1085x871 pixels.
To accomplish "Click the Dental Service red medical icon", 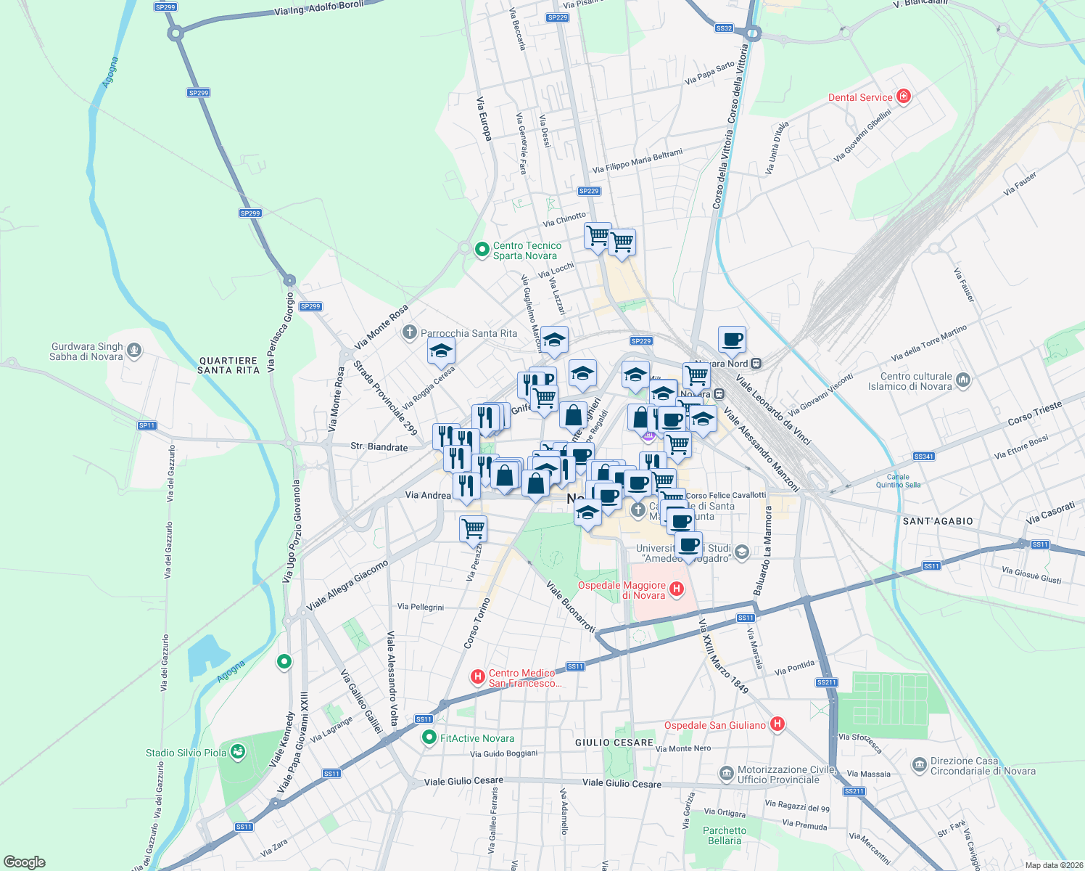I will pyautogui.click(x=903, y=97).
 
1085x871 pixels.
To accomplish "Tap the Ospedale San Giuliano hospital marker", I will pyautogui.click(x=777, y=724).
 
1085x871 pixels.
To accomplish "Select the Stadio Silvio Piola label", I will pyautogui.click(x=186, y=753).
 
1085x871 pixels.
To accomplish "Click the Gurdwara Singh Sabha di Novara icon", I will pyautogui.click(x=133, y=351).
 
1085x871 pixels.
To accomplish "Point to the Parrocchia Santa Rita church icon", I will pyautogui.click(x=409, y=333).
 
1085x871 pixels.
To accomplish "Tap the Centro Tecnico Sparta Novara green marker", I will pyautogui.click(x=482, y=250).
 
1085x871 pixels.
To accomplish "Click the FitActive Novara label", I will pyautogui.click(x=477, y=738).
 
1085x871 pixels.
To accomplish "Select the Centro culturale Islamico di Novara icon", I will pyautogui.click(x=962, y=380).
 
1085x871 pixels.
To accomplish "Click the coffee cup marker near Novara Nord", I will pyautogui.click(x=732, y=339).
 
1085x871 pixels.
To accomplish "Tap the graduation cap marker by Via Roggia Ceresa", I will pyautogui.click(x=441, y=352).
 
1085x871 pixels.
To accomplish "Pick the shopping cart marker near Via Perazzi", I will pyautogui.click(x=473, y=528).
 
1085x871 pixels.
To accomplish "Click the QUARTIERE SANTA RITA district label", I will pyautogui.click(x=228, y=365).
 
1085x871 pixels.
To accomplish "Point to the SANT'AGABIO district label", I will pyautogui.click(x=938, y=521).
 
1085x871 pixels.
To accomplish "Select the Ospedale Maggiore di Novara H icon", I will pyautogui.click(x=676, y=589).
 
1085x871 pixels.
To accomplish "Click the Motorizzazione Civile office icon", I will pyautogui.click(x=726, y=774).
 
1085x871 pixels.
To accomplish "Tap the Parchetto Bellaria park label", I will pyautogui.click(x=724, y=835).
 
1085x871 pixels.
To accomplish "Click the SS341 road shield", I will pyautogui.click(x=923, y=457).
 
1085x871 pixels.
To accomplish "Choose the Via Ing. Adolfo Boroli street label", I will pyautogui.click(x=319, y=9).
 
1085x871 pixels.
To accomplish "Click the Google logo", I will pyautogui.click(x=24, y=862).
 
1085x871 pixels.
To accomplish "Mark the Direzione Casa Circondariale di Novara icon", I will pyautogui.click(x=919, y=765).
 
